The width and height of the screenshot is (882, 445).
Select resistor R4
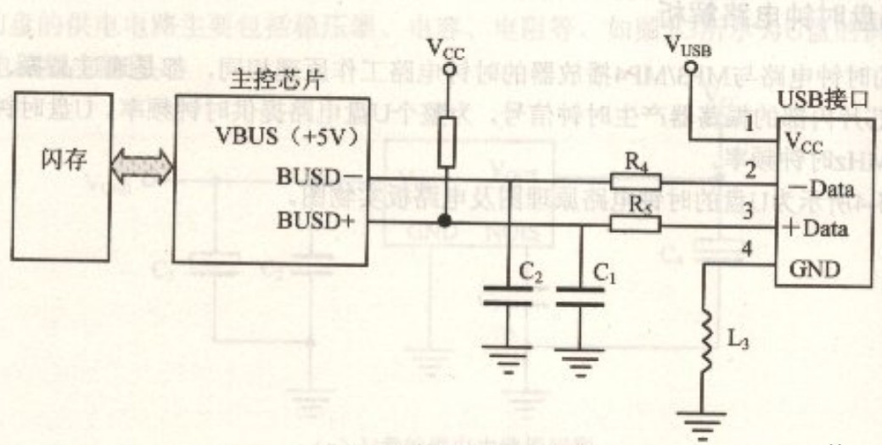tap(635, 180)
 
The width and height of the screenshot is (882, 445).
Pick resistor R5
tap(635, 223)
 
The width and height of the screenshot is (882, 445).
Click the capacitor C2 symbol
tap(508, 296)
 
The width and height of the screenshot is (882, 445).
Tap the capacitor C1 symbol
tap(581, 296)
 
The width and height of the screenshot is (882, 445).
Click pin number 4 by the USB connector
tap(747, 250)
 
